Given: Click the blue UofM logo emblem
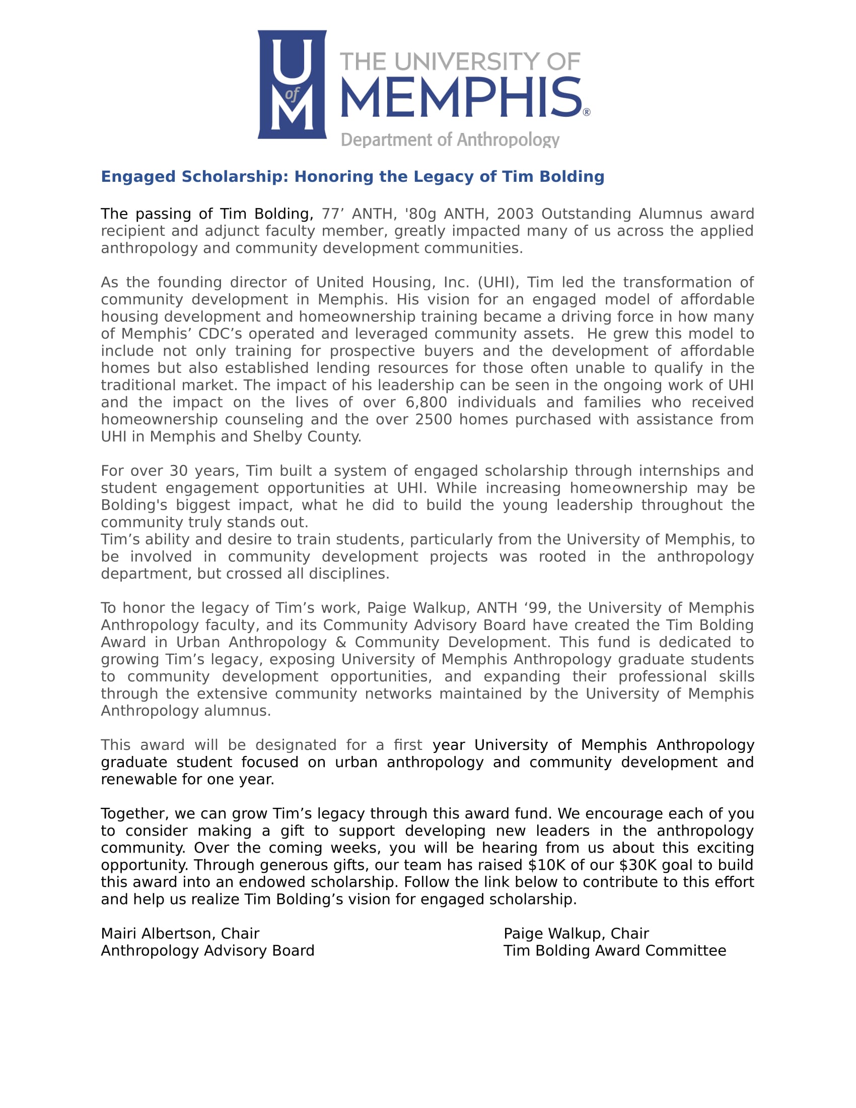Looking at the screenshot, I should pyautogui.click(x=292, y=84).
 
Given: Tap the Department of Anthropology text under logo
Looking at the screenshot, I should pyautogui.click(x=450, y=140).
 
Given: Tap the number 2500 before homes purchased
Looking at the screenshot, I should pyautogui.click(x=433, y=420).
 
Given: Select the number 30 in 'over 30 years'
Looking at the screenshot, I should pyautogui.click(x=179, y=471).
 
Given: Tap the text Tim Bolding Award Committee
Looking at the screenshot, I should pyautogui.click(x=615, y=951).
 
